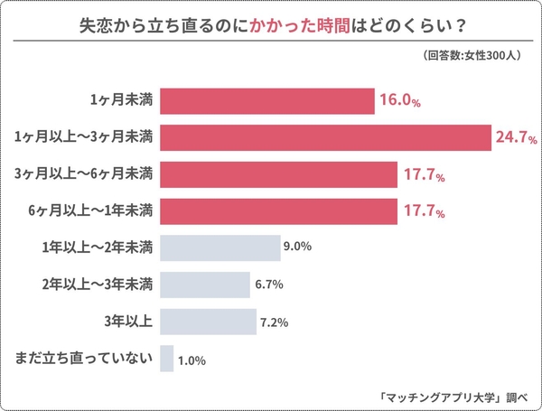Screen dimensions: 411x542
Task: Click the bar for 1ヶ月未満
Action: (266, 101)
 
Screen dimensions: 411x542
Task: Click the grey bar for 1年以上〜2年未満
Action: (220, 248)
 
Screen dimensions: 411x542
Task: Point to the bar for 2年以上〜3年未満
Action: (204, 285)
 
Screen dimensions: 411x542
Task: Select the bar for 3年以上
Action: (208, 322)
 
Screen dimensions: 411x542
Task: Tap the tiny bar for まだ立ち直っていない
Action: (166, 359)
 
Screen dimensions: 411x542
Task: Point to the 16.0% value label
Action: (401, 102)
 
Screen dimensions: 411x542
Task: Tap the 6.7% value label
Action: (269, 285)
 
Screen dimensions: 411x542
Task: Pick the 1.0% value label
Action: (192, 360)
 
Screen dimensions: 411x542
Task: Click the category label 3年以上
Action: (129, 322)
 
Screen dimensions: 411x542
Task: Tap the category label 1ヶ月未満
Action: (121, 101)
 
